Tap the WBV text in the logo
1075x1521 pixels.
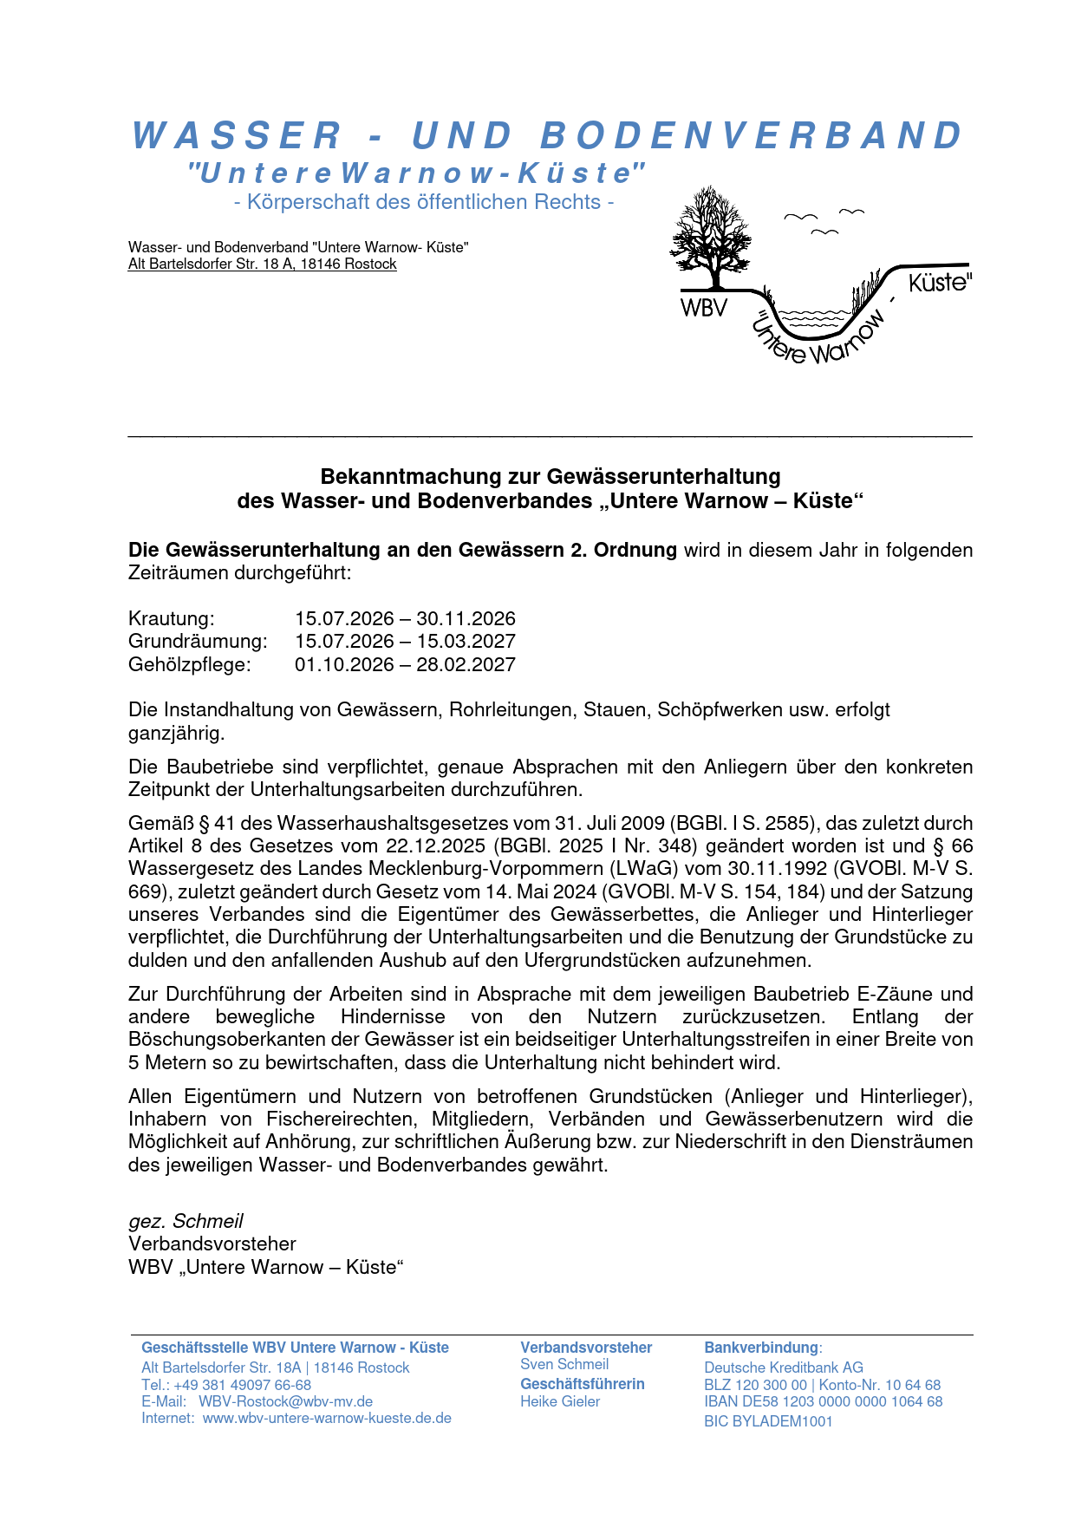point(703,308)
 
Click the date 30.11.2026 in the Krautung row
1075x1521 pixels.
point(466,619)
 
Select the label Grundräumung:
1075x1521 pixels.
point(198,642)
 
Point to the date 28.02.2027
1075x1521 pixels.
point(466,665)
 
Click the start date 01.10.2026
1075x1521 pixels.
point(344,665)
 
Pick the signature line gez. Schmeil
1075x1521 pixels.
point(186,1221)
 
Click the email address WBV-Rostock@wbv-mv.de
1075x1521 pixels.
point(285,1401)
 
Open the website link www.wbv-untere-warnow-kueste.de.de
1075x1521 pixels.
point(327,1418)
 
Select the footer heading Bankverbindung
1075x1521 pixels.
point(761,1348)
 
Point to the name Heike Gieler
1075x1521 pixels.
point(560,1401)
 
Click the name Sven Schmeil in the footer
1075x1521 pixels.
point(564,1364)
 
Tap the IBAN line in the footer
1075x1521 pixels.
point(823,1401)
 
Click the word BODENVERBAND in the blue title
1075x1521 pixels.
point(751,135)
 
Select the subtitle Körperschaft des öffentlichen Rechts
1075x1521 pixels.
point(424,202)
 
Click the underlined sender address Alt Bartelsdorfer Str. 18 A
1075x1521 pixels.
point(262,264)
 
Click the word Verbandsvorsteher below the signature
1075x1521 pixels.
point(212,1244)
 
